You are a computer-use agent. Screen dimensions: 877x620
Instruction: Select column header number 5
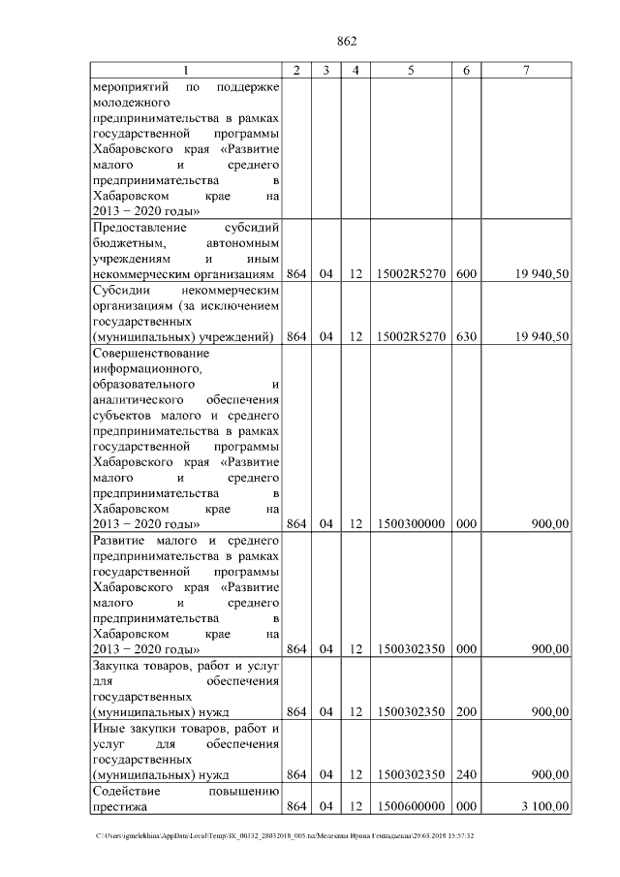411,71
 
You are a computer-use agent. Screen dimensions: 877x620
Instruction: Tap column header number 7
526,71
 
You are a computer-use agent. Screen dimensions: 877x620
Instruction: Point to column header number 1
186,71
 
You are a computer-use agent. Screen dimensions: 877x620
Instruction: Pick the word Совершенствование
149,353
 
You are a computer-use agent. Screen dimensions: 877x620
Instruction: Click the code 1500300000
411,524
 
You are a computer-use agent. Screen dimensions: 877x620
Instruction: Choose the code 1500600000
411,806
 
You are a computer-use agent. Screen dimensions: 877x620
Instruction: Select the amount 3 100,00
543,806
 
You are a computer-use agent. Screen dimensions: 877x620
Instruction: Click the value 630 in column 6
466,336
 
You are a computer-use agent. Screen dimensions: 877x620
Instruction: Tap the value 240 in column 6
466,774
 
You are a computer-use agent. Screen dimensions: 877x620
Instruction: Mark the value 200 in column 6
466,712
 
